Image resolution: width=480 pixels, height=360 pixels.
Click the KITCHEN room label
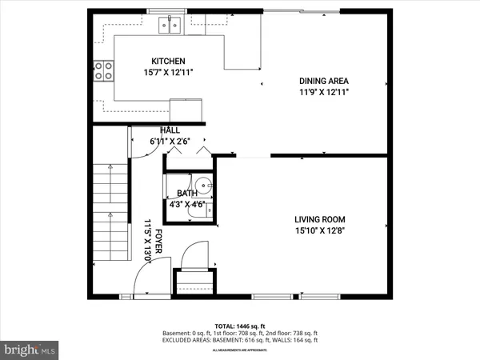point(169,61)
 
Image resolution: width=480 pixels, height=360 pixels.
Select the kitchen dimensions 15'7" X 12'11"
point(169,73)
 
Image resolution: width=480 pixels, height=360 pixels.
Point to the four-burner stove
point(104,70)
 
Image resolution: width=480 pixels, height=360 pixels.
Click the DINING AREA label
point(323,81)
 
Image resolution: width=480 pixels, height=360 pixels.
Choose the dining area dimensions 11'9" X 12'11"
point(323,92)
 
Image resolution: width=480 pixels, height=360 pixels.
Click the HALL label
point(170,130)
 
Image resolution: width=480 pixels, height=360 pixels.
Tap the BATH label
point(186,193)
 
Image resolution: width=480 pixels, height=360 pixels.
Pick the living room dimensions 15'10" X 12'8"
point(319,231)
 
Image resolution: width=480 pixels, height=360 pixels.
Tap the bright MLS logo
point(30,350)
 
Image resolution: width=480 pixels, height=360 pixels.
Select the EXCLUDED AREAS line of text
point(239,340)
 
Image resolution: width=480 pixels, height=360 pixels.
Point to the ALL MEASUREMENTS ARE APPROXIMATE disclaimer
point(239,350)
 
